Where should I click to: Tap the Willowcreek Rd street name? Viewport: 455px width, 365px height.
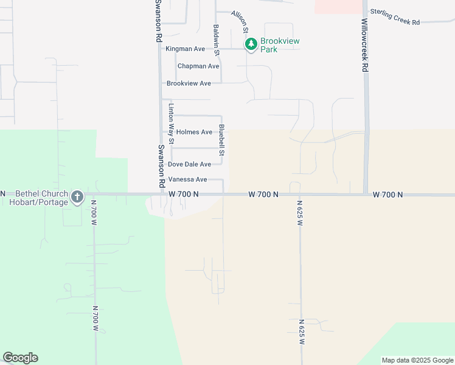coord(364,46)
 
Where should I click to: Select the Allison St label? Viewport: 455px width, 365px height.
coord(240,21)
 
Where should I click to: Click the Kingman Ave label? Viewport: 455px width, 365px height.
coord(186,49)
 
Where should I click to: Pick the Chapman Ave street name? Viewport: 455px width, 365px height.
coord(198,66)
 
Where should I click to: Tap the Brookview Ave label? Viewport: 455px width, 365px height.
coord(189,83)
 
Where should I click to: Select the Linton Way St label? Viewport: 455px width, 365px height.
coord(172,124)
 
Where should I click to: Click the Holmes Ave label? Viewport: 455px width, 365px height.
coord(194,132)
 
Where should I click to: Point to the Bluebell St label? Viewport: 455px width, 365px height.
coord(222,141)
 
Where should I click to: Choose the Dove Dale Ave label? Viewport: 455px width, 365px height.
coord(189,164)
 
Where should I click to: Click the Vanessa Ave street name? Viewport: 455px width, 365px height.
coord(188,179)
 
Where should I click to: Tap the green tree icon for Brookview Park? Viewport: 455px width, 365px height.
coord(251,44)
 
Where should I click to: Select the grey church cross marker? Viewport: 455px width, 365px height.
coord(77,197)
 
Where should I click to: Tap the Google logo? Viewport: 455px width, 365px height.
coord(20,358)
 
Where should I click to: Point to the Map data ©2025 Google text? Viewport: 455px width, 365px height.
coord(417,360)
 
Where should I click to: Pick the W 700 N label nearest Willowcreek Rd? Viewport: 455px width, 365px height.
coord(387,195)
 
